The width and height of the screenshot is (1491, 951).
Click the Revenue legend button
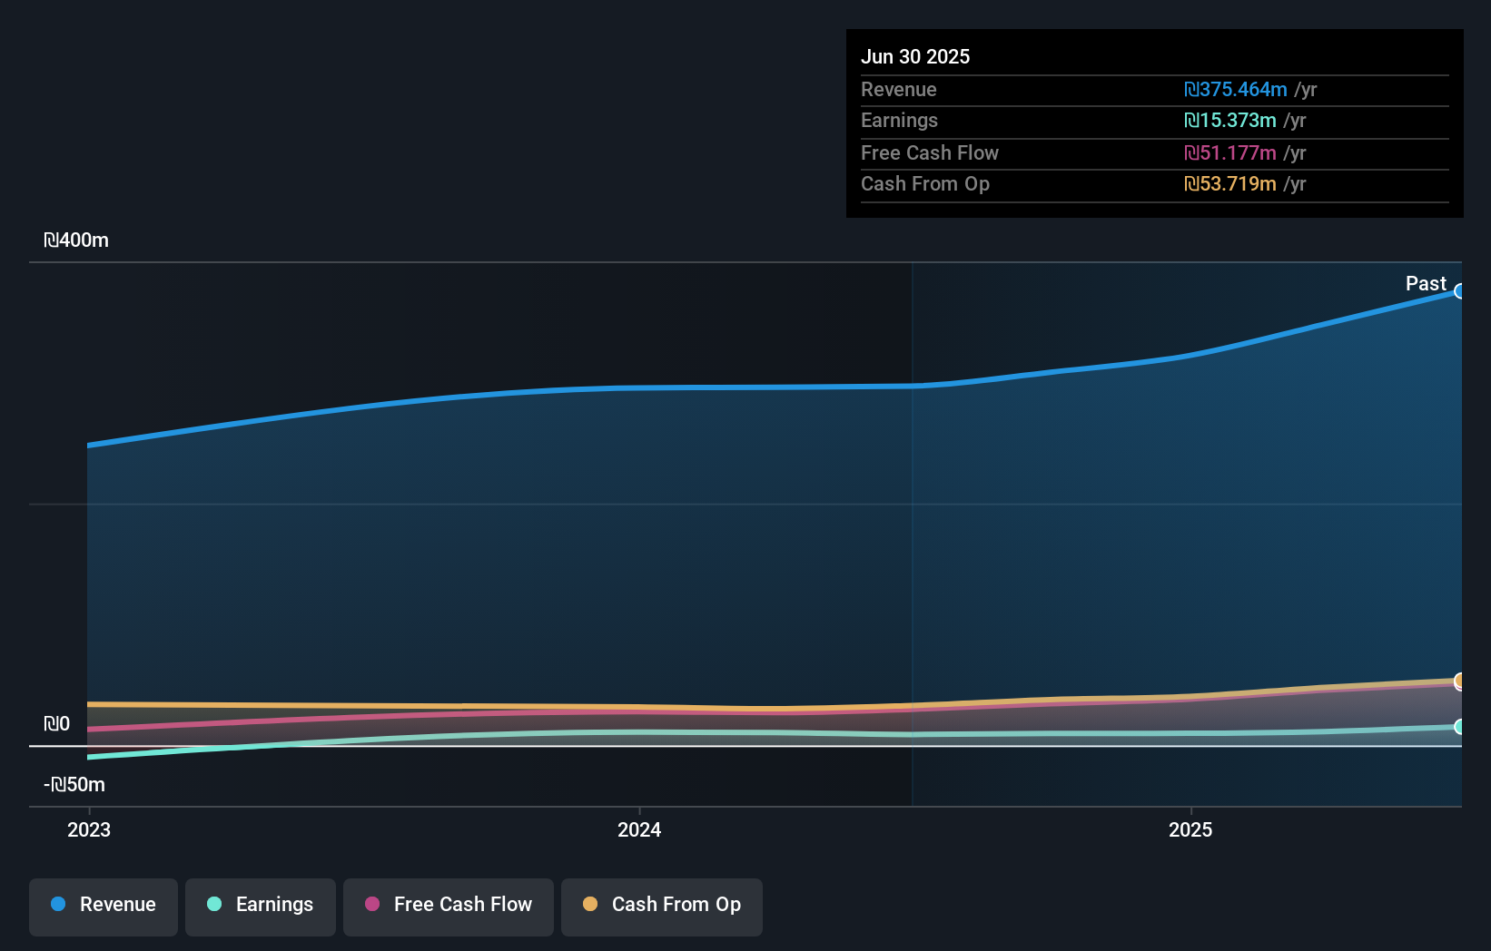coord(104,905)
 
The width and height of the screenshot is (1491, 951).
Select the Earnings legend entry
coord(261,905)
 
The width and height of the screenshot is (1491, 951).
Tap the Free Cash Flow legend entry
coord(449,905)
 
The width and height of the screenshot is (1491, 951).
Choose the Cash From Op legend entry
coord(662,905)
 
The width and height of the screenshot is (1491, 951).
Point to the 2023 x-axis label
coord(89,830)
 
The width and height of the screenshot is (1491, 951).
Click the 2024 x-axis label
coord(639,830)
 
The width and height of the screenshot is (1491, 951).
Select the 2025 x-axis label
coord(1190,830)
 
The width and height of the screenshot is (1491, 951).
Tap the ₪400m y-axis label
coord(76,240)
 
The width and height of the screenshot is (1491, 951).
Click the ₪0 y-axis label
coord(56,724)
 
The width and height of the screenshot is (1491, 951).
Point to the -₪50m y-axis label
coord(74,785)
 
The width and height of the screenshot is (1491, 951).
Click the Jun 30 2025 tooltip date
coord(915,57)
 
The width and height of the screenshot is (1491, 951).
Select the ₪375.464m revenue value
coord(1236,90)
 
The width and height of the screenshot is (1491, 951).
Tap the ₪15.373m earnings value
coord(1230,121)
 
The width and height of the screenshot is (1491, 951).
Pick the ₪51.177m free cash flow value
coord(1230,153)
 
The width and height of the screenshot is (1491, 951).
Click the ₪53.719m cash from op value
coord(1230,184)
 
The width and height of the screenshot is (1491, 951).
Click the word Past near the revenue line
coord(1426,284)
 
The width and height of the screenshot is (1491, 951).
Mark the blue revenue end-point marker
coord(1460,291)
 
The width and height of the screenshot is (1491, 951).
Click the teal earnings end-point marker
coord(1460,727)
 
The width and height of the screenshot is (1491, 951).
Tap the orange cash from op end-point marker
coord(1460,681)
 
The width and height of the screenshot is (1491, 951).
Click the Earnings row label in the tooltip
coord(899,121)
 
